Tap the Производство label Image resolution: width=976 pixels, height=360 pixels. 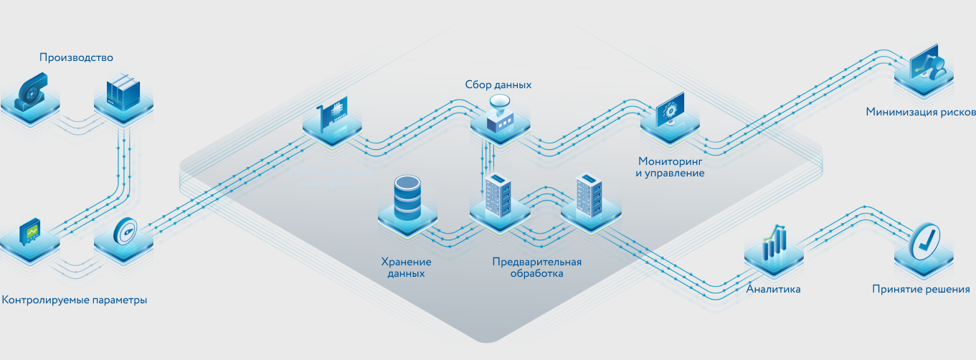tap(77, 57)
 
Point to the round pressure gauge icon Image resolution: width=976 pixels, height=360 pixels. tap(124, 231)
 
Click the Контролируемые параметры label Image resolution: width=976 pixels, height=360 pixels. tap(75, 300)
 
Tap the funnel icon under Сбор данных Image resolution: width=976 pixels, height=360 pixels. tap(500, 113)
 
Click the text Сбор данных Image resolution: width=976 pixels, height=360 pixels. tap(498, 85)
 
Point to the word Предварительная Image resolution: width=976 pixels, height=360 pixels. tap(536, 262)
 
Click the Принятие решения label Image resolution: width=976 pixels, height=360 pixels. tap(921, 290)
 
